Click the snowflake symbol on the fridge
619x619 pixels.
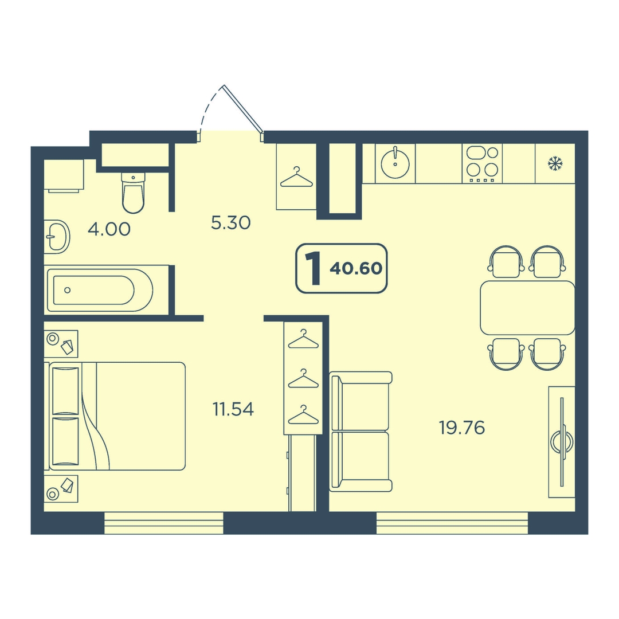click(x=555, y=163)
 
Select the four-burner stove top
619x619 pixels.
click(x=482, y=163)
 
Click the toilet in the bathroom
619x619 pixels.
click(x=134, y=192)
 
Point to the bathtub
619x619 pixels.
click(x=100, y=290)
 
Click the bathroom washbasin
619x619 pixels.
click(x=57, y=237)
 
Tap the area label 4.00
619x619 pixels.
click(x=109, y=229)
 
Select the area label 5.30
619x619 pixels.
click(x=231, y=223)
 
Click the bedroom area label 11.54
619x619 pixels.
click(x=233, y=409)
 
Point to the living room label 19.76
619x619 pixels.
click(x=462, y=428)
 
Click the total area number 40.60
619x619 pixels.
click(x=356, y=268)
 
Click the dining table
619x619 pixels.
click(x=527, y=308)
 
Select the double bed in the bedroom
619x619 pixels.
click(x=117, y=416)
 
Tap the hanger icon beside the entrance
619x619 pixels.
click(x=296, y=177)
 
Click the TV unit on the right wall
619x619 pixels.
click(x=562, y=442)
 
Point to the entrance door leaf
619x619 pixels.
click(x=243, y=108)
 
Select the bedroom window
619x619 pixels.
click(x=164, y=523)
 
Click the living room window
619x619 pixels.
click(x=452, y=523)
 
